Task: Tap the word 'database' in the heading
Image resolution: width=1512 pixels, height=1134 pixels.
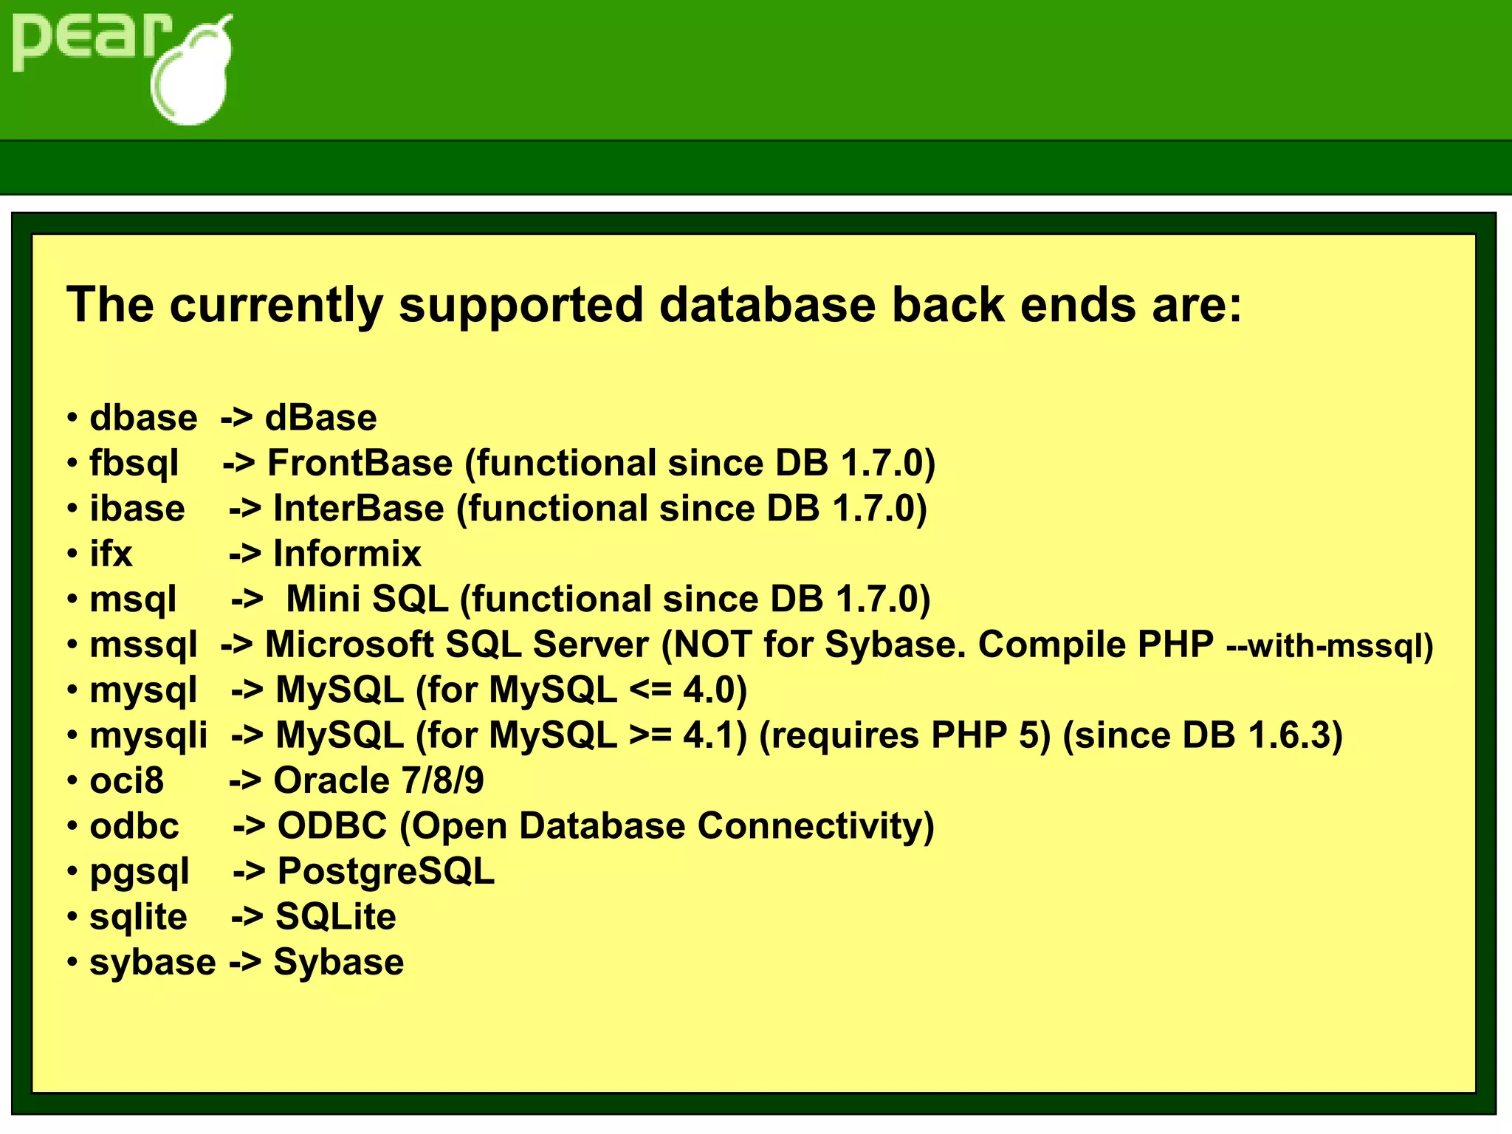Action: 768,304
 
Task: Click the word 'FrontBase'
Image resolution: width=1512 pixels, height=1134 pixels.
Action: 360,463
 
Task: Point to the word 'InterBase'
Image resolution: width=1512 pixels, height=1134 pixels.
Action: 359,509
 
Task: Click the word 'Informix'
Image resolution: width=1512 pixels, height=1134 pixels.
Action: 347,554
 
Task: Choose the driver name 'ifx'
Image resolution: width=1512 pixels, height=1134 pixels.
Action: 111,554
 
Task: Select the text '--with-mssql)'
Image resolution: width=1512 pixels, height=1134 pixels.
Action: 1330,646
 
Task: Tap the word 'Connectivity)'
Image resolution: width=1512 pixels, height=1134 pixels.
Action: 816,826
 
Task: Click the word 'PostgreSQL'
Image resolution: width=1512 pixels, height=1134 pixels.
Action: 385,872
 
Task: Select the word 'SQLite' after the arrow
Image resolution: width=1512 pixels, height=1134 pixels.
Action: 336,917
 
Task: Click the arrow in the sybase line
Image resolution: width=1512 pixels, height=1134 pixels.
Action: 244,963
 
